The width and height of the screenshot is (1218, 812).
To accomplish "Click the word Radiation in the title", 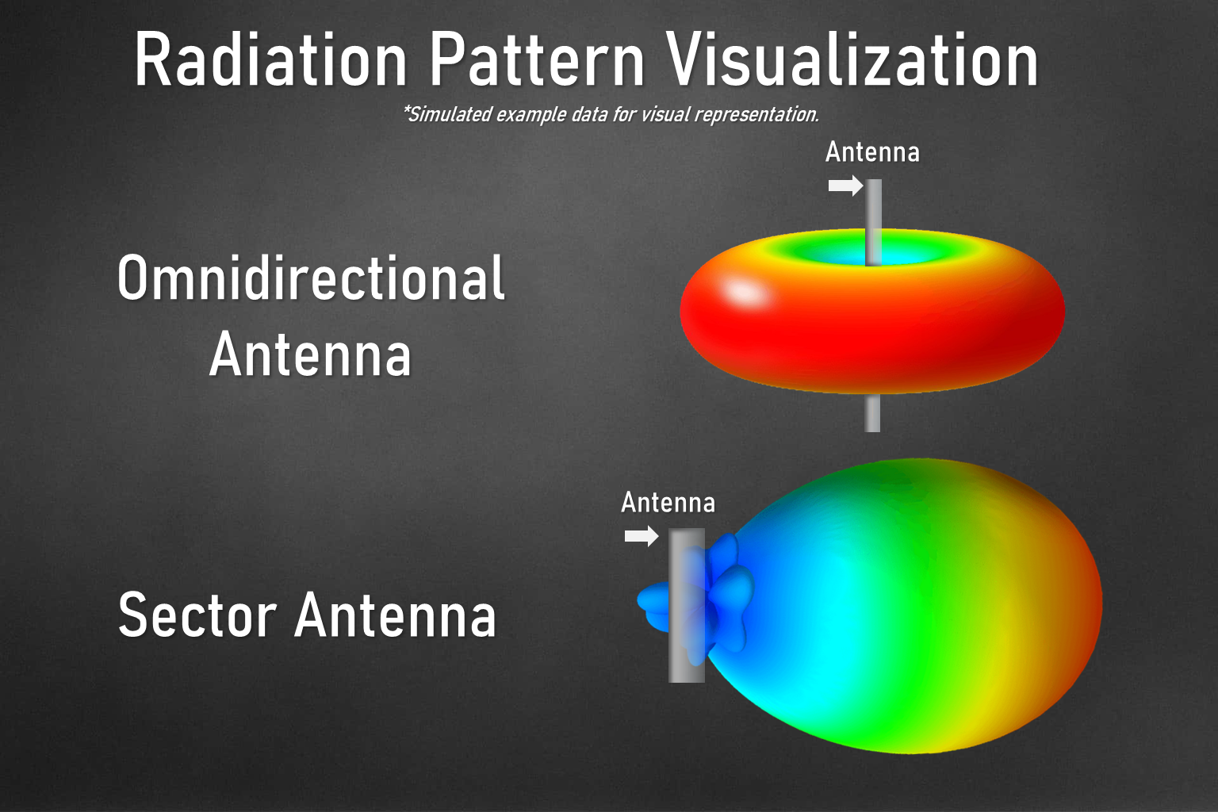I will click(270, 60).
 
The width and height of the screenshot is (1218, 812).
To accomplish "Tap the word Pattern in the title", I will click(537, 60).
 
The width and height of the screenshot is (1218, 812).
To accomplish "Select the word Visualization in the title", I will click(852, 60).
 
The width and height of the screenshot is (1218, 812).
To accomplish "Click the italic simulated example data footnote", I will click(611, 114).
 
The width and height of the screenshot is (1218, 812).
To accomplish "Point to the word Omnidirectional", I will click(311, 278).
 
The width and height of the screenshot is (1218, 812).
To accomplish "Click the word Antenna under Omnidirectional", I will click(311, 354).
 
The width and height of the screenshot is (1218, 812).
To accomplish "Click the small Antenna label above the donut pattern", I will click(872, 151).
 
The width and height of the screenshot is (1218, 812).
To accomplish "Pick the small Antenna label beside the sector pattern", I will click(668, 502).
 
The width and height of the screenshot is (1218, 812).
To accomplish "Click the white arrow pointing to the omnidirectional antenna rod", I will click(845, 186).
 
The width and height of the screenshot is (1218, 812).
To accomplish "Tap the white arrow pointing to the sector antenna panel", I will click(642, 537).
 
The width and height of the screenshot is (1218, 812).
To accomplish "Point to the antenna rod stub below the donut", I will click(872, 413).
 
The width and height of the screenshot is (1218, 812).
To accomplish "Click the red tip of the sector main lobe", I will click(1091, 603).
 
